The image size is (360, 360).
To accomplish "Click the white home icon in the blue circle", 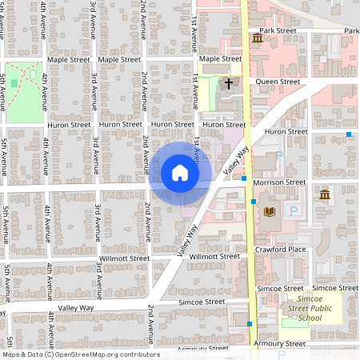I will pos(180,172).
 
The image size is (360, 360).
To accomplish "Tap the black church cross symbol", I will pos(229,83).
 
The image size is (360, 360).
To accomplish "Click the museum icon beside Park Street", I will pos(258,38).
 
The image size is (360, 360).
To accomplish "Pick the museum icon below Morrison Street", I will pos(325,195).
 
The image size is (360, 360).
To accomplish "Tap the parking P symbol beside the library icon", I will pos(294,210).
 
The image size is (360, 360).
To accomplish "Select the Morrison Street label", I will pos(278,182).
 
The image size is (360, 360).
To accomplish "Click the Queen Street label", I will pos(278,82).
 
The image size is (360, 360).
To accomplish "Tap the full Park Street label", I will pos(278,30).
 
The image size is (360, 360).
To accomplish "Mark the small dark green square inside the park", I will pos(14,83).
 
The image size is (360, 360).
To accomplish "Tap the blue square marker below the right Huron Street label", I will pos(349,134).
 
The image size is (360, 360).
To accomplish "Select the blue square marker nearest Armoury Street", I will pos(250,324).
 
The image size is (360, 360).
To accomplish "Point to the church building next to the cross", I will pos(229,100).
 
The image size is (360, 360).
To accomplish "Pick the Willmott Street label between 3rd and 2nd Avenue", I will pos(124,258).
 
